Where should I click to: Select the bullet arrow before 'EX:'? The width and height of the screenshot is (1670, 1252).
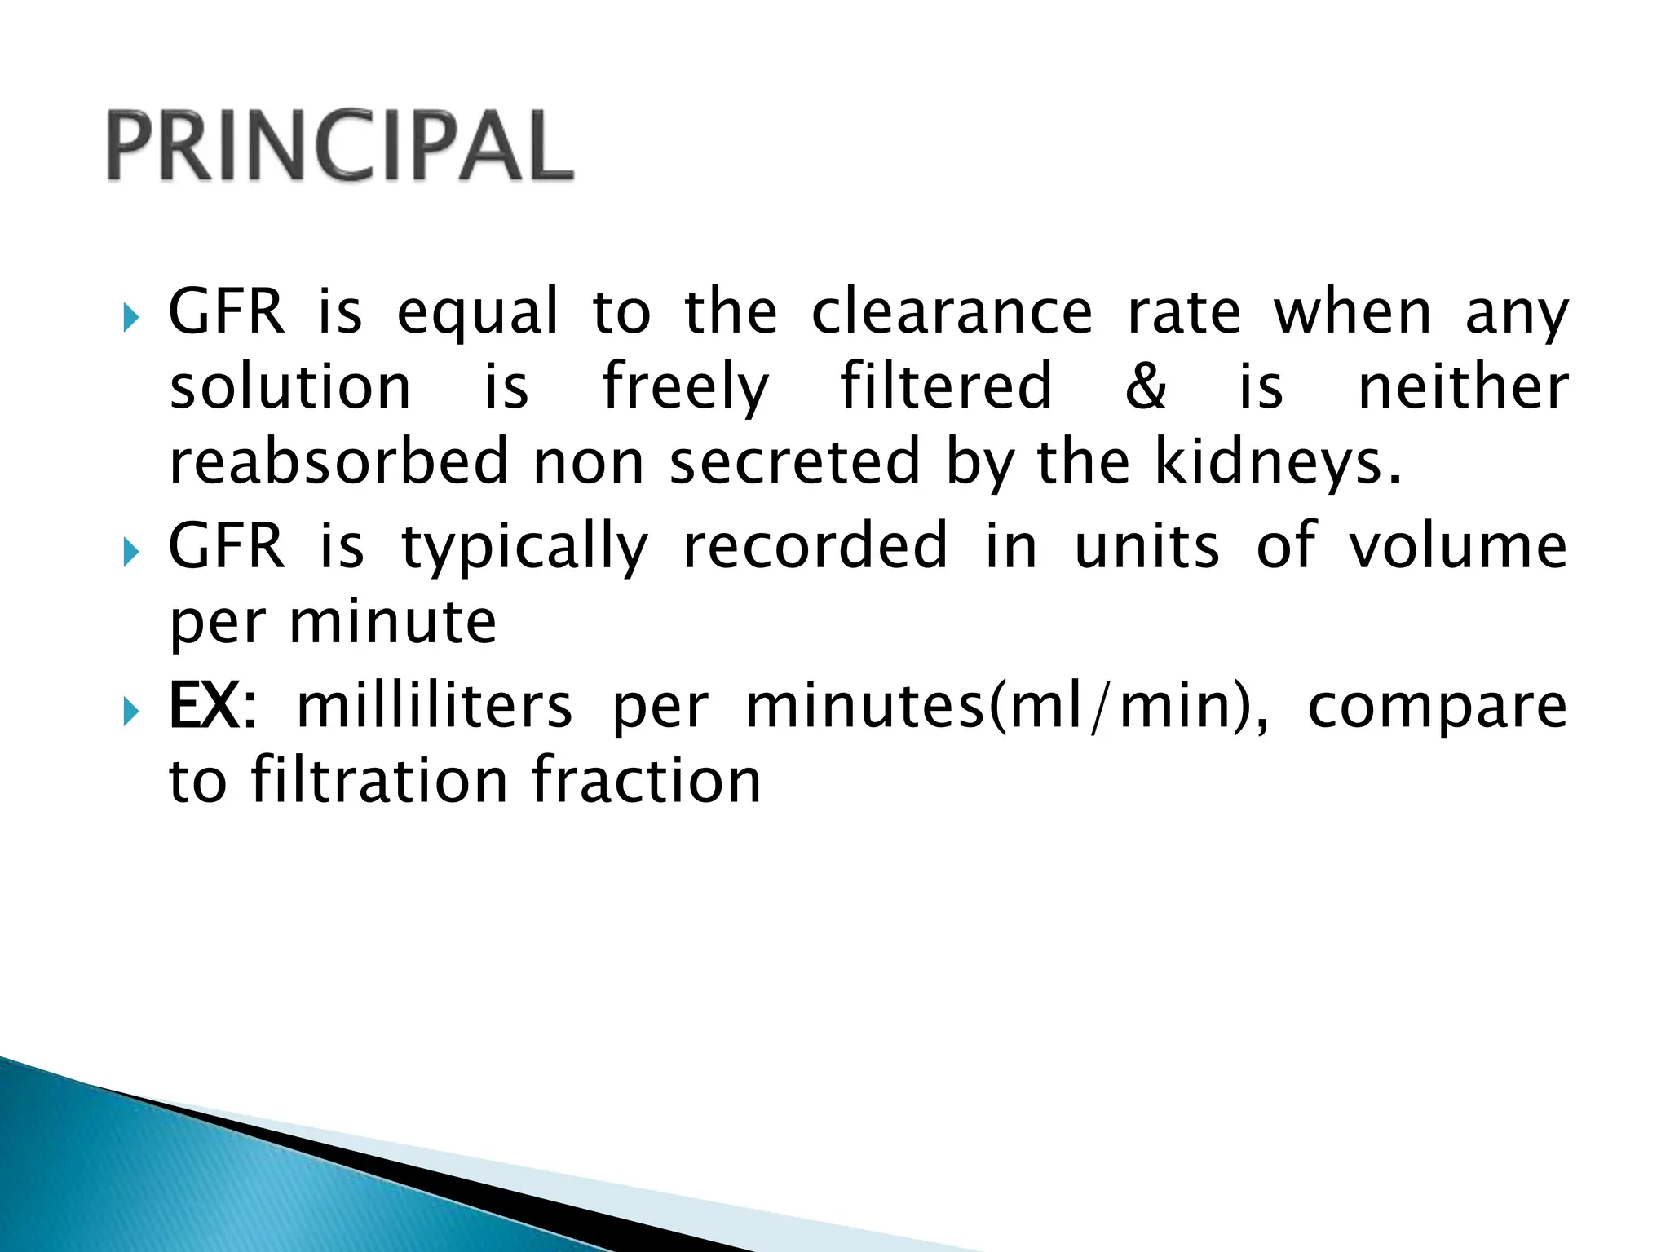pyautogui.click(x=131, y=712)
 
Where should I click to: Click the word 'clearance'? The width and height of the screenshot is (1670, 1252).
pyautogui.click(x=952, y=312)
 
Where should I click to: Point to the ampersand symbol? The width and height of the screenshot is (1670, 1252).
pyautogui.click(x=1146, y=386)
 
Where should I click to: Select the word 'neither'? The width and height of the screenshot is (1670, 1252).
pyautogui.click(x=1463, y=386)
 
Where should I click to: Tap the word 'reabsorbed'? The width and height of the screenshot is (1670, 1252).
pyautogui.click(x=338, y=461)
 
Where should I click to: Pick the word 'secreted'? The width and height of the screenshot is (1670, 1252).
pyautogui.click(x=795, y=461)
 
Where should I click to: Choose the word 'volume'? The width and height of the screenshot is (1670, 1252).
pyautogui.click(x=1457, y=546)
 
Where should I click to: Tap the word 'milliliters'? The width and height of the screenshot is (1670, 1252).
pyautogui.click(x=435, y=706)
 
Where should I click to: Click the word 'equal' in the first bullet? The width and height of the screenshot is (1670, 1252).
pyautogui.click(x=478, y=314)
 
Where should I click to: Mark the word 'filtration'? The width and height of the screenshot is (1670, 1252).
pyautogui.click(x=379, y=781)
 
